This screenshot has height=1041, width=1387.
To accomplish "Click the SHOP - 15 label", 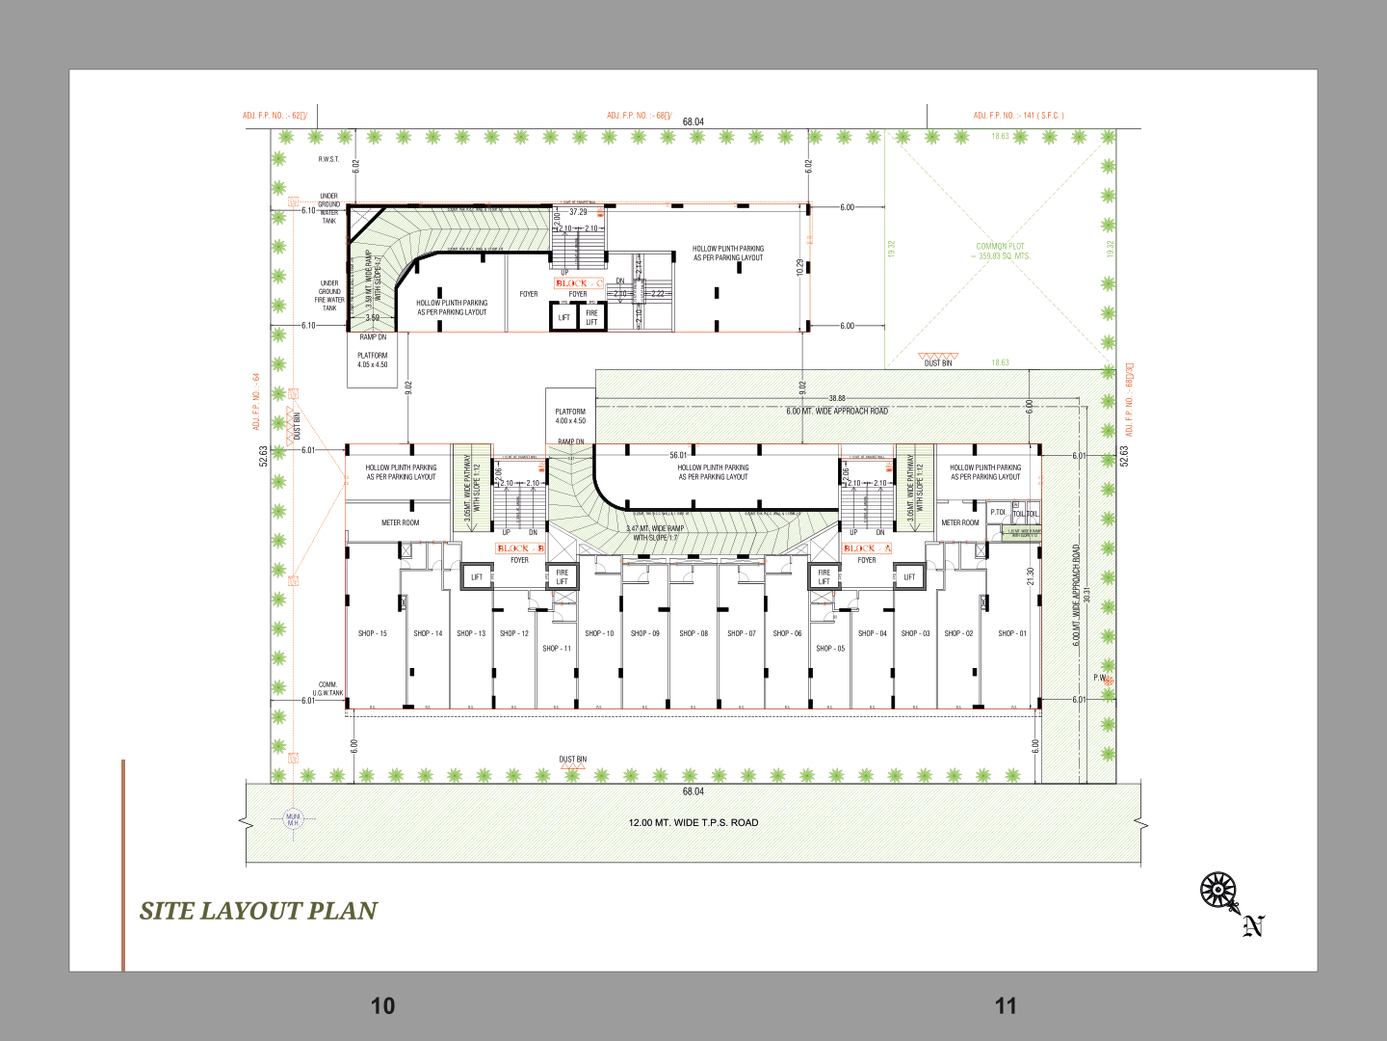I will tap(372, 633).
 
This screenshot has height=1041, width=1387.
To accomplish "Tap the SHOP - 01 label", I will tap(1012, 633).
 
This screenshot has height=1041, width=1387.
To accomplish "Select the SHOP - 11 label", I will tap(557, 649).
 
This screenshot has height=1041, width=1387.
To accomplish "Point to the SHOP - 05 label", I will tap(830, 649).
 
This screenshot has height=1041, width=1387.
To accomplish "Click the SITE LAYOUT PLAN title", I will tap(258, 911).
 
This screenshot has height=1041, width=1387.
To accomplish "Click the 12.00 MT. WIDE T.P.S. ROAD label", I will tap(693, 823).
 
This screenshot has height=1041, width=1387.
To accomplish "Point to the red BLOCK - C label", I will tap(578, 283).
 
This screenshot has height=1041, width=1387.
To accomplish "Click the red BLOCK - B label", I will tap(520, 548).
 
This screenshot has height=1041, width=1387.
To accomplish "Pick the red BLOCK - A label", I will tap(867, 548).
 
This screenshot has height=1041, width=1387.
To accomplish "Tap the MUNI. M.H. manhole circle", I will tap(293, 819).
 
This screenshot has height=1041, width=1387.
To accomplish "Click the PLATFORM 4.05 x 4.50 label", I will tap(373, 360).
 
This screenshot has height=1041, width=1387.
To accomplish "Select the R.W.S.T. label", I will tap(329, 159).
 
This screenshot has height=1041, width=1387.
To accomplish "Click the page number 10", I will tap(382, 1006).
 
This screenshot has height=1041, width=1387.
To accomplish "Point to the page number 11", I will tap(1006, 1006).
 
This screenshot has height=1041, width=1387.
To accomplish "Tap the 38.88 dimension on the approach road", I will tap(837, 398).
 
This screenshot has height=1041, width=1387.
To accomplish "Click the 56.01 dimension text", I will tap(679, 455).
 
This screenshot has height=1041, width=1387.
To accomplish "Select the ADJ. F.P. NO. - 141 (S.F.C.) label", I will tap(1018, 116).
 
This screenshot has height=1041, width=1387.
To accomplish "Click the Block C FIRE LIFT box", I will tap(591, 317).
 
